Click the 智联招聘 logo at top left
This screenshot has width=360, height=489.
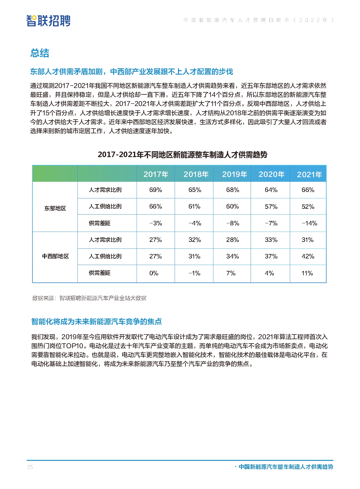48,21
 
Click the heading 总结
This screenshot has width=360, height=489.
40,53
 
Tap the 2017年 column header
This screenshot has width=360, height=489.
156,174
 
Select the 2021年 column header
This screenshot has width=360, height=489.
309,175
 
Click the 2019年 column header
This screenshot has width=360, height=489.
234,174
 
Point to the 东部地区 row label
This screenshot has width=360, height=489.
55,208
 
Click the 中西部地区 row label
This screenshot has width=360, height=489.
55,256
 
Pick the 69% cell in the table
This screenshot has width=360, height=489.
155,190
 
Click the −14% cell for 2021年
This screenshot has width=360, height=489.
309,223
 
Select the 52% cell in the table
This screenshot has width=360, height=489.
308,206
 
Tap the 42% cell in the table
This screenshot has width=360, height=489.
308,256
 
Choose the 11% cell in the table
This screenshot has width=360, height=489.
307,273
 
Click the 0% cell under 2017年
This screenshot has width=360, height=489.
154,273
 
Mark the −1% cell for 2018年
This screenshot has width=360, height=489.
194,273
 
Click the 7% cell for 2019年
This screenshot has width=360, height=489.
231,273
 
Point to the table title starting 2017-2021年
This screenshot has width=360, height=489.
182,154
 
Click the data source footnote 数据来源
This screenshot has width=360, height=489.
89,298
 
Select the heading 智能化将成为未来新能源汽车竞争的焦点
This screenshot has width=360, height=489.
96,321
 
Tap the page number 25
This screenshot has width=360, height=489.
30,467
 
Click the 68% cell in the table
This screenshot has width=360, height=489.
233,190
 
